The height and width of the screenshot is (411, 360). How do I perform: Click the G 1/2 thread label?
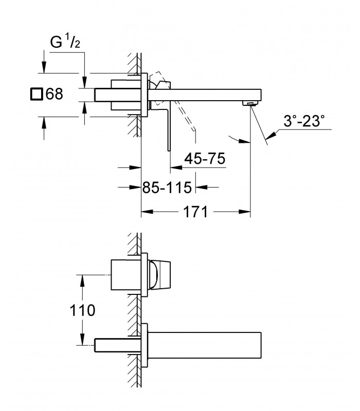65,42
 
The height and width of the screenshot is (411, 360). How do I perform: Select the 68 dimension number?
55,94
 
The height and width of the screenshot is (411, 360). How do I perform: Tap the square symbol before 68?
36,94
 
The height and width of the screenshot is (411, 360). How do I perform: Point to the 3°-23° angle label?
304,121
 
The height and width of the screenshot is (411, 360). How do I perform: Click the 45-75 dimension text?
205,159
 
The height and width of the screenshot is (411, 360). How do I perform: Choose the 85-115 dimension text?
167,188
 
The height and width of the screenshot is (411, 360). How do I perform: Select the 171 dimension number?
195,212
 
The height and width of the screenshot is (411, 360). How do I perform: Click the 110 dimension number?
82,310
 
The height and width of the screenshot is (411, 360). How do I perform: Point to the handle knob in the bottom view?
160,275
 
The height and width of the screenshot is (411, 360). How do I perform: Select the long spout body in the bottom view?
204,345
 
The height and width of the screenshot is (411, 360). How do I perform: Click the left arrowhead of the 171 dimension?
147,212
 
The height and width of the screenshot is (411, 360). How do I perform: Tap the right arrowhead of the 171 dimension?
245,212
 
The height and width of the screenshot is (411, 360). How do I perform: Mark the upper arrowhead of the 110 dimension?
82,281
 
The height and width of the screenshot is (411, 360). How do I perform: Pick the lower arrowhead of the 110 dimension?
82,340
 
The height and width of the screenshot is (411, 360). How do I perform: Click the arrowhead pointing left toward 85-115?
202,187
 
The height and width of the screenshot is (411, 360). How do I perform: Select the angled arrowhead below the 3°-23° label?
271,135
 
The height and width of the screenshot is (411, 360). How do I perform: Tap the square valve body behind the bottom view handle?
126,275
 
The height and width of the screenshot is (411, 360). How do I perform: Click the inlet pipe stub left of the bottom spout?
118,345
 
